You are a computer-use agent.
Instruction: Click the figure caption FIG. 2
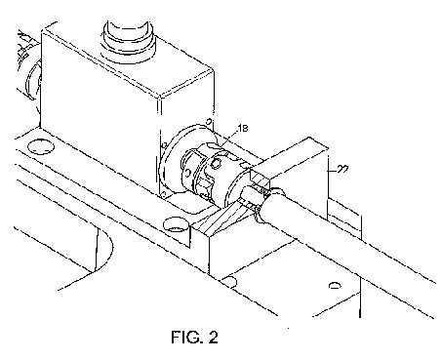194,337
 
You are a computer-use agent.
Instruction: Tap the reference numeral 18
242,128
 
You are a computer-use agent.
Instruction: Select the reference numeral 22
342,170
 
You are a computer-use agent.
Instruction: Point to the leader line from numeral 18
228,140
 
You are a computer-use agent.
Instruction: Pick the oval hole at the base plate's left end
40,146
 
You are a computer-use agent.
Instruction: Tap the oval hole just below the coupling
176,224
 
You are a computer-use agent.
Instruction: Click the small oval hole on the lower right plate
335,286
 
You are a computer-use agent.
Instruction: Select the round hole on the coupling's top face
216,162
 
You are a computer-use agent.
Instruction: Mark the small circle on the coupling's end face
187,173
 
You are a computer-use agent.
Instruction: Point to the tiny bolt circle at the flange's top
210,122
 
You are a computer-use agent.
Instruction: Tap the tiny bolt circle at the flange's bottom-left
163,194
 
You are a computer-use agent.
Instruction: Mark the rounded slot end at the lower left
104,247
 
